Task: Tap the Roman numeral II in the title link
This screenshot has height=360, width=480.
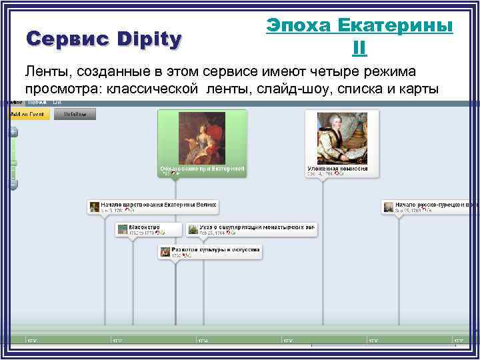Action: [x=359, y=48]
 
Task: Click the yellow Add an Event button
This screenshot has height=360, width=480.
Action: [x=27, y=114]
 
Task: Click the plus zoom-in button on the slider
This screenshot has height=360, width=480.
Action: [x=13, y=131]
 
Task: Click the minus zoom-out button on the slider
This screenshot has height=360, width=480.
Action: [x=13, y=185]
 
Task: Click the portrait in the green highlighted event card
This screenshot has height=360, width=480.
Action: [x=201, y=138]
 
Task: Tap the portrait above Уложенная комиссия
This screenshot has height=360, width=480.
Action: [x=341, y=138]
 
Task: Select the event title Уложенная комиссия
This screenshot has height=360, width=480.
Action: [x=337, y=169]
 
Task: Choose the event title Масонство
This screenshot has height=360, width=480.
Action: [x=145, y=227]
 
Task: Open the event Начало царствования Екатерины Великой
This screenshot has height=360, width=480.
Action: [x=160, y=205]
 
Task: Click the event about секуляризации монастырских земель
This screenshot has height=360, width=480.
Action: [x=257, y=227]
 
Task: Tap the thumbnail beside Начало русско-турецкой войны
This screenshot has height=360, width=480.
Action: [x=388, y=207]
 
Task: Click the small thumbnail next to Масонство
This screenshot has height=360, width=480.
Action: [x=122, y=229]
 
